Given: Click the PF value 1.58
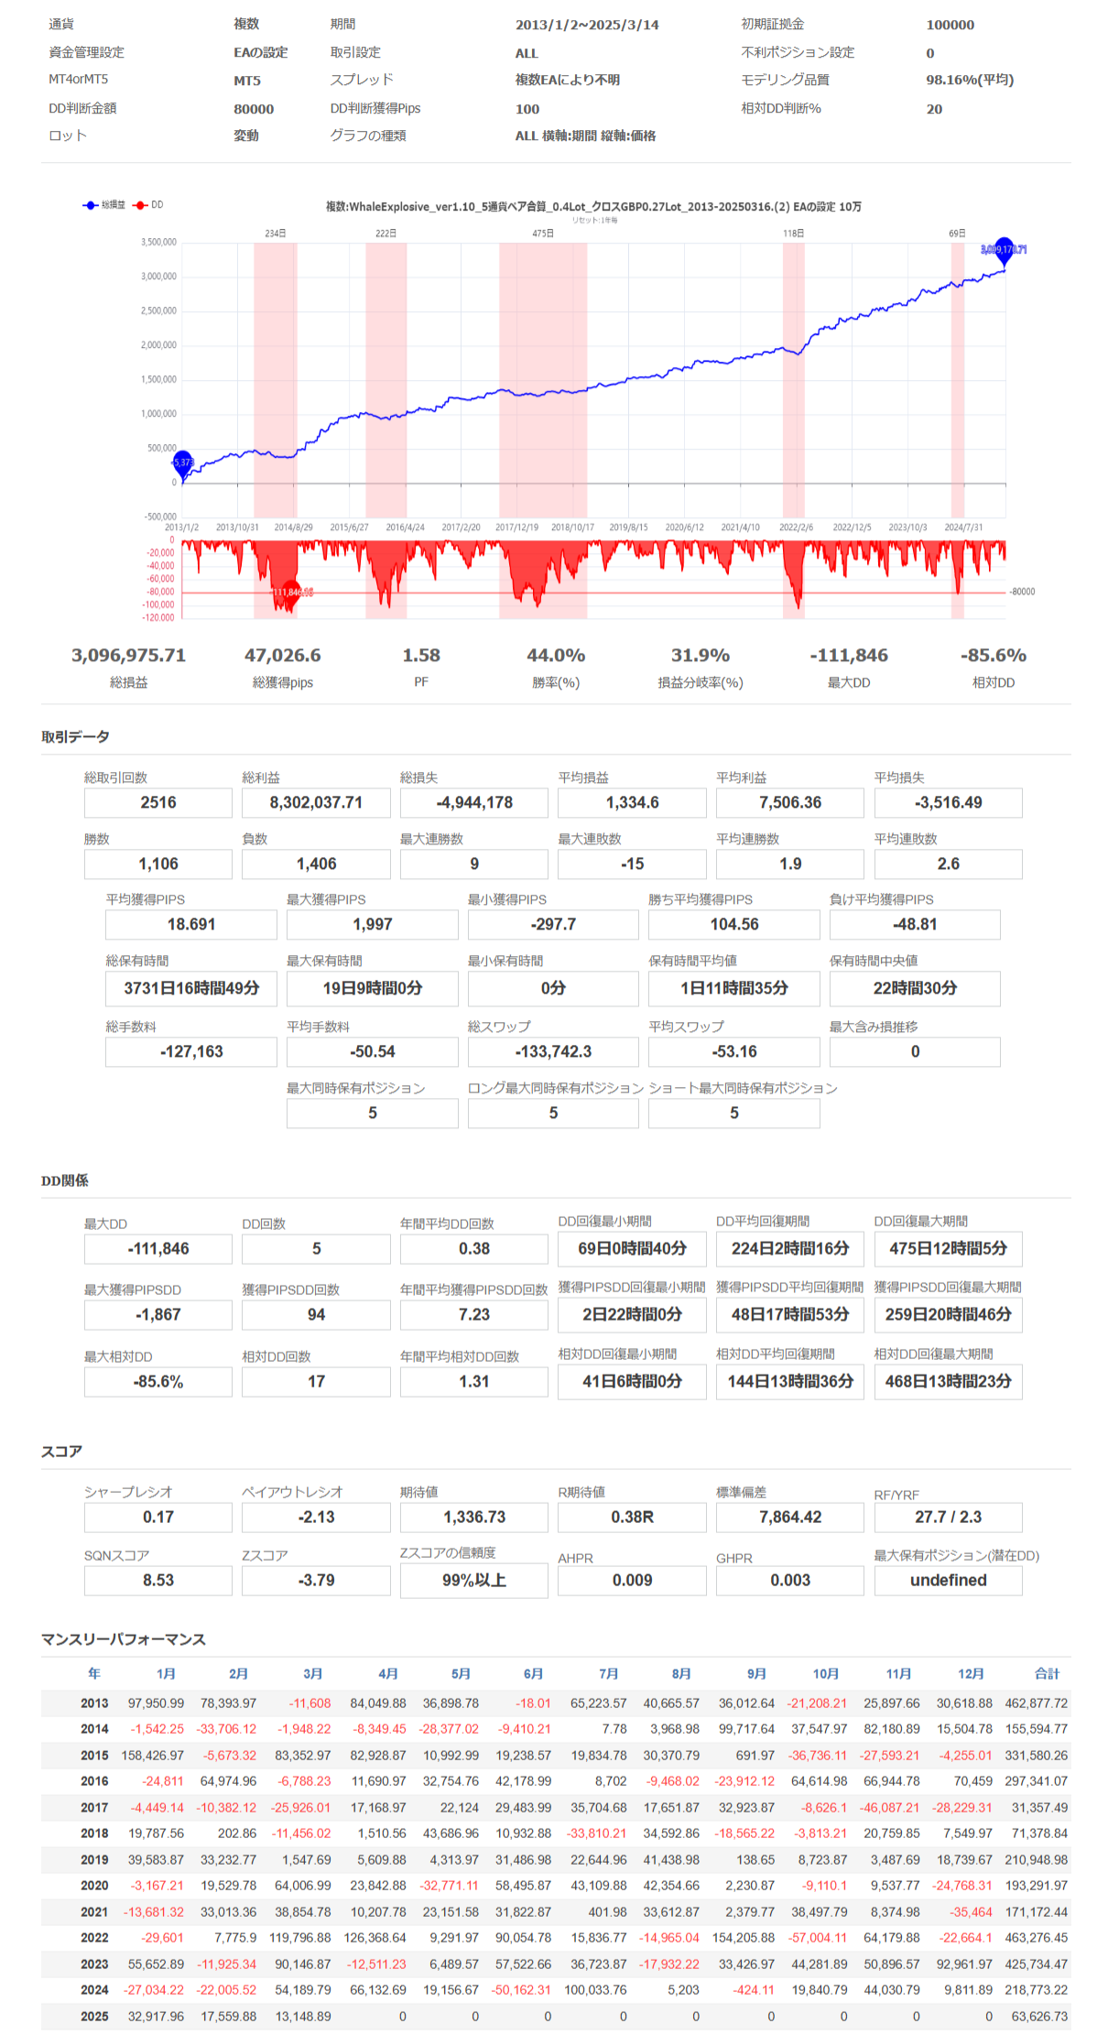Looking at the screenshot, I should click(421, 656).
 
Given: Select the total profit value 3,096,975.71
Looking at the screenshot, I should click(128, 656).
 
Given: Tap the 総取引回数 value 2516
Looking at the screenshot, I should click(158, 803).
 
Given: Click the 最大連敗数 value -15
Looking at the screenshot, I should click(632, 865).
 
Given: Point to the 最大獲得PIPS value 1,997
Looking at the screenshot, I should click(372, 925).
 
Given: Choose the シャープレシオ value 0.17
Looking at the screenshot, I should click(158, 1517).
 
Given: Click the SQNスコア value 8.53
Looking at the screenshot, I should click(158, 1581).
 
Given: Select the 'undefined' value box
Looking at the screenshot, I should click(948, 1581).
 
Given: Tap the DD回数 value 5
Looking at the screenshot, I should click(316, 1249).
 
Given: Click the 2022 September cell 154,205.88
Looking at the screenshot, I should click(750, 1938).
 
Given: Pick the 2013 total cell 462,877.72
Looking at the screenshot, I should click(1036, 1703).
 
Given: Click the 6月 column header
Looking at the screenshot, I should click(534, 1674).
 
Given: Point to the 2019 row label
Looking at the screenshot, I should click(94, 1860).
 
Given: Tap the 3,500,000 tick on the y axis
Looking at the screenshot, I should click(158, 243).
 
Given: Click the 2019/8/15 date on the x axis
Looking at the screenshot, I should click(628, 528).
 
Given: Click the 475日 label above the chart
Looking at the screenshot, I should click(543, 234).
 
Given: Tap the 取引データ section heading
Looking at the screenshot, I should click(75, 737).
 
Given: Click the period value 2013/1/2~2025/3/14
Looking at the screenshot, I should click(587, 26).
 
